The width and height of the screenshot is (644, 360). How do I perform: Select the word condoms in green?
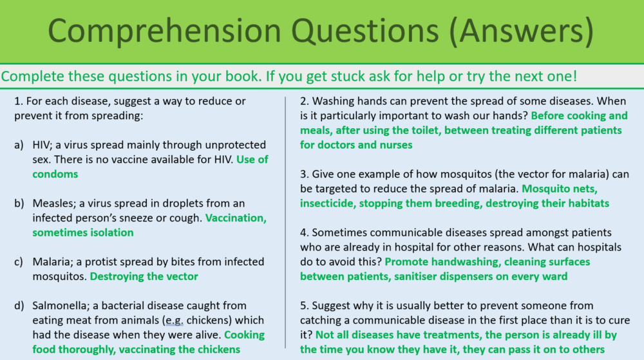tap(55, 174)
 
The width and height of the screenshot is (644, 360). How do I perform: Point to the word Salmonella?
tap(61, 305)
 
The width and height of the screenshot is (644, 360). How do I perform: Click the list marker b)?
tap(19, 204)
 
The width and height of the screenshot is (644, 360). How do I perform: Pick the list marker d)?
tap(19, 305)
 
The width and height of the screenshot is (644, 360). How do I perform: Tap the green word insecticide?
tap(330, 204)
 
